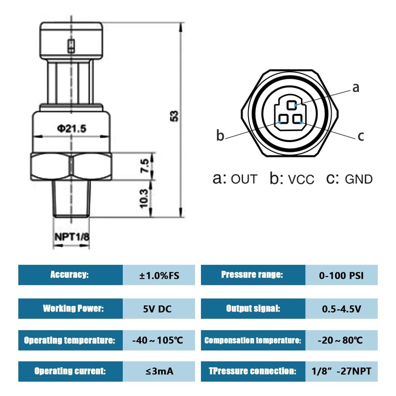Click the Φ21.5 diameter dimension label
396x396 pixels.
tap(71, 129)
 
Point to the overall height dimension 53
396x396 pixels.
tap(175, 116)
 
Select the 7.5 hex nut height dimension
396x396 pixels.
tap(145, 166)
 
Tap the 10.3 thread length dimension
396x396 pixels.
tap(144, 198)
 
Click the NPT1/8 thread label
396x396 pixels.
tap(72, 237)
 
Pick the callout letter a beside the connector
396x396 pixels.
tap(355, 88)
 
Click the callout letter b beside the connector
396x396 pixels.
tap(220, 135)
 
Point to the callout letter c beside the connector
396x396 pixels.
tap(361, 137)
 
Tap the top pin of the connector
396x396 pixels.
tap(292, 105)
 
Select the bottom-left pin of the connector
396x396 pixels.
tap(283, 119)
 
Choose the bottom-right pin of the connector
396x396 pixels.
tap(297, 119)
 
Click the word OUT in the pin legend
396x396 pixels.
tap(244, 179)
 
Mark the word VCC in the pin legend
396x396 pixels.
tap(301, 180)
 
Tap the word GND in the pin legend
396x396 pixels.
tap(359, 179)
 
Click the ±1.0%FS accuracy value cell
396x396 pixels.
tap(159, 275)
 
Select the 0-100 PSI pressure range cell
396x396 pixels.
tap(342, 275)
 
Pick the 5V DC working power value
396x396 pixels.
tap(157, 309)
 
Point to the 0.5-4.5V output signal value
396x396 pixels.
tap(342, 309)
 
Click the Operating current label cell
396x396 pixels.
tap(70, 371)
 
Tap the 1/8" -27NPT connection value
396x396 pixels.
tap(342, 371)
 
